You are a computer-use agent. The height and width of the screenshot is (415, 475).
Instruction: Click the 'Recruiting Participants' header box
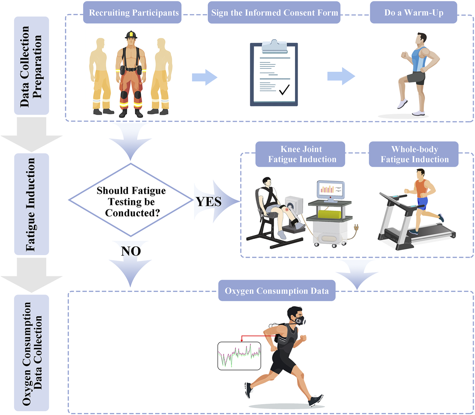(132, 13)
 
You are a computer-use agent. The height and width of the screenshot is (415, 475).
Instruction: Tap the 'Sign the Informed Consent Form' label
(274, 13)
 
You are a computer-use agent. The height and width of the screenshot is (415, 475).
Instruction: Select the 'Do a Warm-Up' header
(413, 13)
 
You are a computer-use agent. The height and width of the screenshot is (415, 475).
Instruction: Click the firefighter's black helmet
(131, 35)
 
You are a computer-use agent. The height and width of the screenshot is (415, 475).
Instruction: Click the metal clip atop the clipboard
(274, 46)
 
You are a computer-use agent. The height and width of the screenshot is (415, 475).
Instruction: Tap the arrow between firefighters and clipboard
(204, 77)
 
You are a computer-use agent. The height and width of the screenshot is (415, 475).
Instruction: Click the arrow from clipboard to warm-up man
(341, 76)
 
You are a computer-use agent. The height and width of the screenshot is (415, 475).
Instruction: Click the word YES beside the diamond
(209, 202)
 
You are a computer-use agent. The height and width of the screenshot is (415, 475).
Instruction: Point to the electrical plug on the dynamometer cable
(356, 228)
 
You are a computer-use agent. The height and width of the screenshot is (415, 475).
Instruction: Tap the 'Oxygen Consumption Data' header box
(277, 291)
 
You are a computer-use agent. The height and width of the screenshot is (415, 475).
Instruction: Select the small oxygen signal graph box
(239, 356)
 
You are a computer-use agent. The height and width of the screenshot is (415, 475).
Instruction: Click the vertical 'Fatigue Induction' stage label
(31, 204)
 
